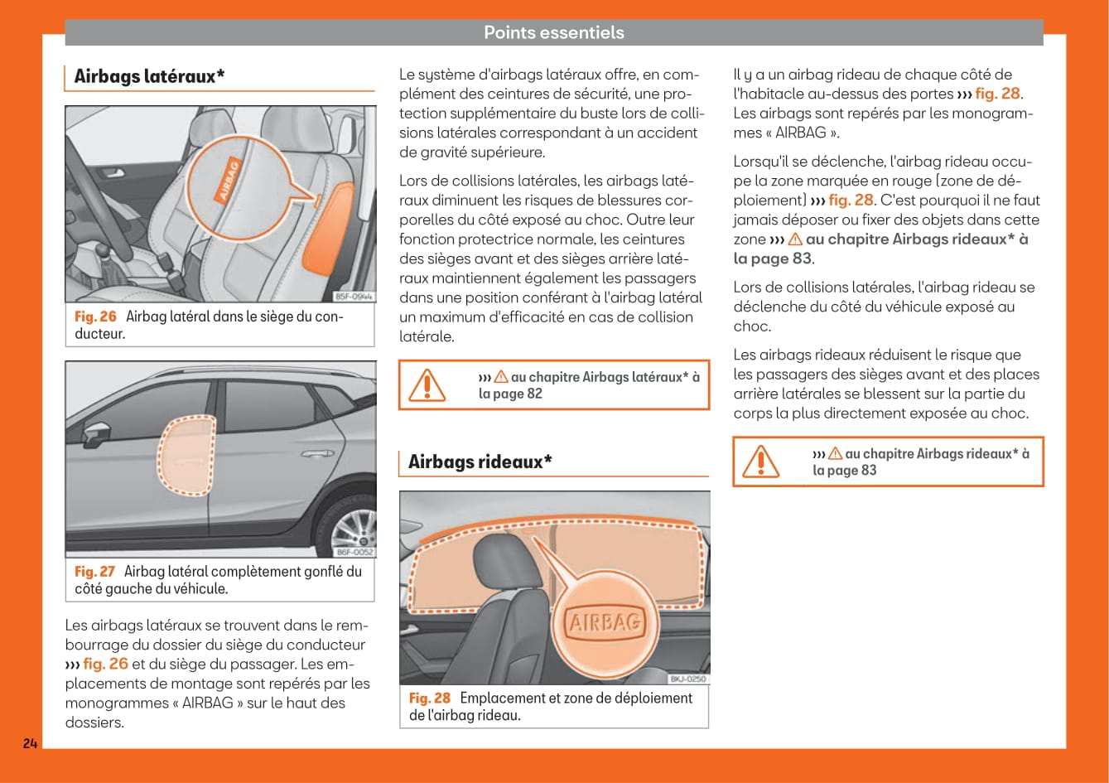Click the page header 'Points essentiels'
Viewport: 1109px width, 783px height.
tap(553, 33)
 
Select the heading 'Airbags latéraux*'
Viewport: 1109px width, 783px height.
tap(149, 77)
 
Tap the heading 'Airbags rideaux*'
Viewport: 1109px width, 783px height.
tap(480, 462)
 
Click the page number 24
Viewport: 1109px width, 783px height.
tap(30, 743)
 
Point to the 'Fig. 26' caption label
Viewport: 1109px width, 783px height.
tap(95, 317)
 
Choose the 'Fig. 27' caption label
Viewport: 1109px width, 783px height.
tap(94, 571)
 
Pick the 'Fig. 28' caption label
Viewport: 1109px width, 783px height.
tap(430, 698)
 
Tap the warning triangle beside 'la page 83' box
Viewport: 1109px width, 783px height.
tap(761, 462)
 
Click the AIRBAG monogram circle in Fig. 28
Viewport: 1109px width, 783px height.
tap(605, 621)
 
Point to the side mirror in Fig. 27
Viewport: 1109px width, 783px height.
tap(98, 434)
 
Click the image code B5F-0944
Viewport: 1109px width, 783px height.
tap(354, 296)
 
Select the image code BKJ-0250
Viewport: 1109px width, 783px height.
tap(687, 679)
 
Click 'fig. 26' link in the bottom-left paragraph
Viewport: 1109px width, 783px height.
tap(105, 664)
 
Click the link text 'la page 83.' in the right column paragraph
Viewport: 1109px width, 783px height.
tap(774, 259)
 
